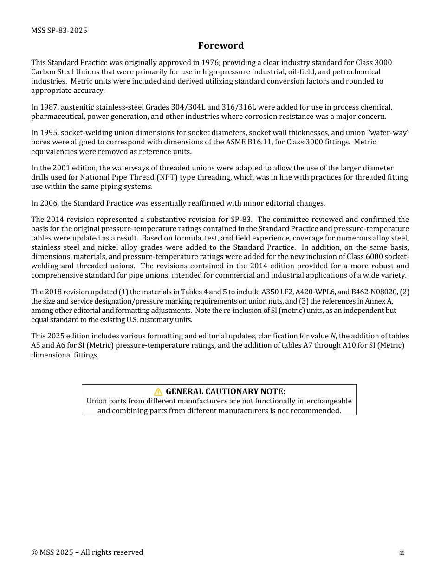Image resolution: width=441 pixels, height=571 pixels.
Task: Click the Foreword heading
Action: [220, 45]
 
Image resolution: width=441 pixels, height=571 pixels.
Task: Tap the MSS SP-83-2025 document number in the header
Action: [59, 31]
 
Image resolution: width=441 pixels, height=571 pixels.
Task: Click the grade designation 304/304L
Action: [185, 107]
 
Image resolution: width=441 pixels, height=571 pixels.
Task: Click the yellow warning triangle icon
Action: [158, 391]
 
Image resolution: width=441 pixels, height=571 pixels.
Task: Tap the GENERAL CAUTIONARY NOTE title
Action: [226, 391]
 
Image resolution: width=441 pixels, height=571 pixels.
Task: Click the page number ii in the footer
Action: [402, 552]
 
